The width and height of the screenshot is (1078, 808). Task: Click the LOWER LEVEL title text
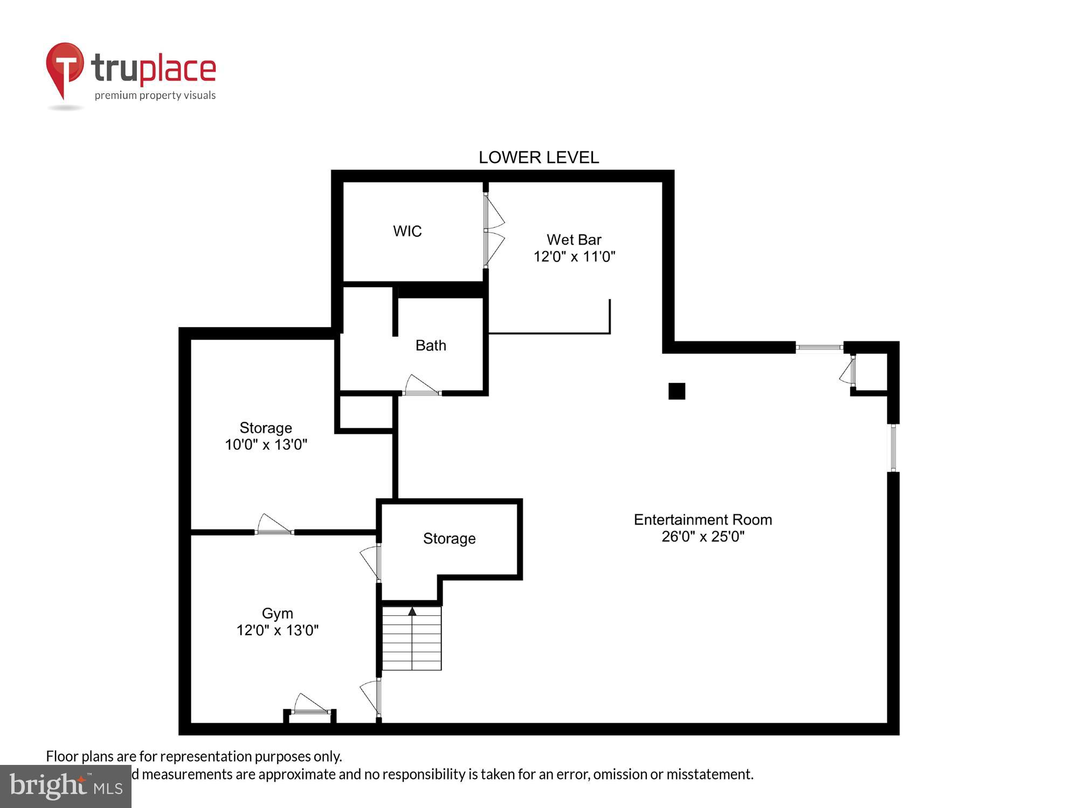538,157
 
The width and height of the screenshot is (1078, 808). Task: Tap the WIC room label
407,231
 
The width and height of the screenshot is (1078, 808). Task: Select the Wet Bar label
573,240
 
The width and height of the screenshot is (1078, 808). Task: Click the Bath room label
431,345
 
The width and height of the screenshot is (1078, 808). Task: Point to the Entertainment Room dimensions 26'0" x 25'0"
702,537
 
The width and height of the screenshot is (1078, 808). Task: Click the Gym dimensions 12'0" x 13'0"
277,630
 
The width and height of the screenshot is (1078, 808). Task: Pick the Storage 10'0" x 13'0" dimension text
266,445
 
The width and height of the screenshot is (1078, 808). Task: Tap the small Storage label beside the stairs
449,539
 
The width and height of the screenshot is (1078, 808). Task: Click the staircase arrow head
412,611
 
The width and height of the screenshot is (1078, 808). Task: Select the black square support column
676,391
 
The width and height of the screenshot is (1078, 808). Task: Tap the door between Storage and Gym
274,525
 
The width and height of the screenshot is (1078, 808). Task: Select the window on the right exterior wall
893,448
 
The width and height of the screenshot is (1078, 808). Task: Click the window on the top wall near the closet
819,347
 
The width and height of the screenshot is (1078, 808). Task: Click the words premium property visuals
155,95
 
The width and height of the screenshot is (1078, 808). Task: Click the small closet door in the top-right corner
848,371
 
